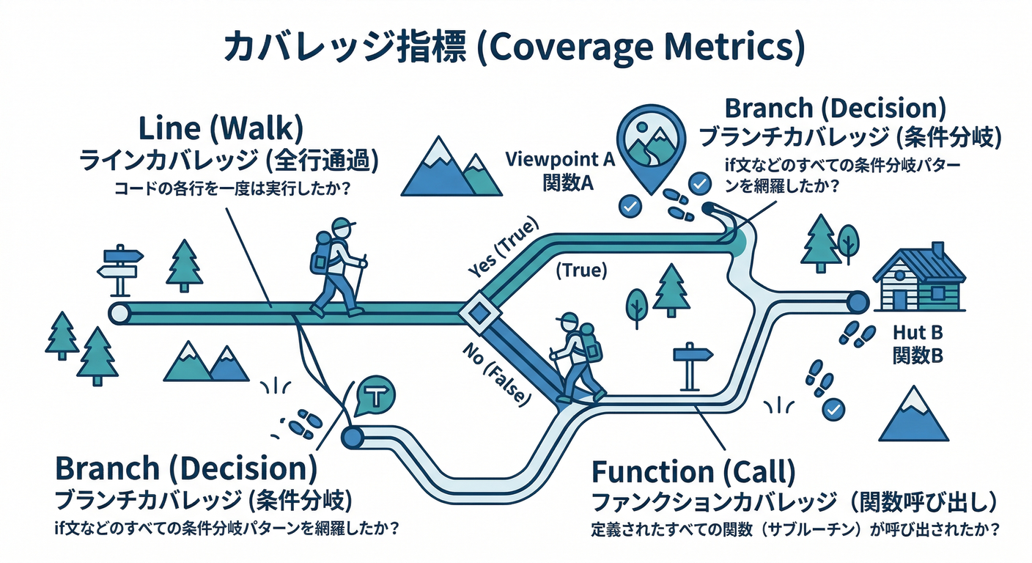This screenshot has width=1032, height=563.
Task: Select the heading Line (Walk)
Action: click(x=221, y=130)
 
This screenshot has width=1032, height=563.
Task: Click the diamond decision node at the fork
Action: click(x=479, y=313)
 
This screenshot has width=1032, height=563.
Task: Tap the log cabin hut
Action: click(x=919, y=278)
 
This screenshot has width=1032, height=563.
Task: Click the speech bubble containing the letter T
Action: click(x=375, y=397)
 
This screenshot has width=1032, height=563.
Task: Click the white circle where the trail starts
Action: click(x=119, y=313)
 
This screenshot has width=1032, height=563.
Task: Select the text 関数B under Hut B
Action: click(x=917, y=356)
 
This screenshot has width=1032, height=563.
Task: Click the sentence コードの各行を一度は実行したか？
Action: click(x=230, y=188)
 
